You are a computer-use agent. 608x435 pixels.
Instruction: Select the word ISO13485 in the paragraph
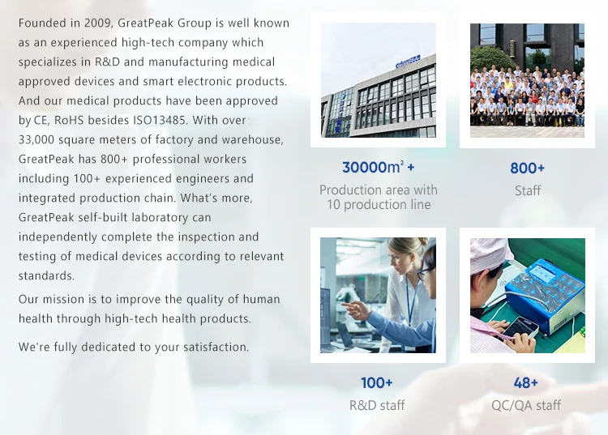[159, 120]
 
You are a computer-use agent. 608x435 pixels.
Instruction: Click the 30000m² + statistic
[378, 168]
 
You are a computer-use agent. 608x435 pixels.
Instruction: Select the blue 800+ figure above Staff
[528, 168]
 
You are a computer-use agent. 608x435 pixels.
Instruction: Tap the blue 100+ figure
[376, 382]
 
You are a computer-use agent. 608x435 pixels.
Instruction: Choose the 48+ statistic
[526, 382]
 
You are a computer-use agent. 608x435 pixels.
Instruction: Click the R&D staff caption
[377, 405]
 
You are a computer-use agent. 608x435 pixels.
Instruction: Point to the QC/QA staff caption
[526, 405]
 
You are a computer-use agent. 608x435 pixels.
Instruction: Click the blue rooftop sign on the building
[408, 62]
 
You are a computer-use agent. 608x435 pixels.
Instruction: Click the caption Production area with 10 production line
[379, 197]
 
